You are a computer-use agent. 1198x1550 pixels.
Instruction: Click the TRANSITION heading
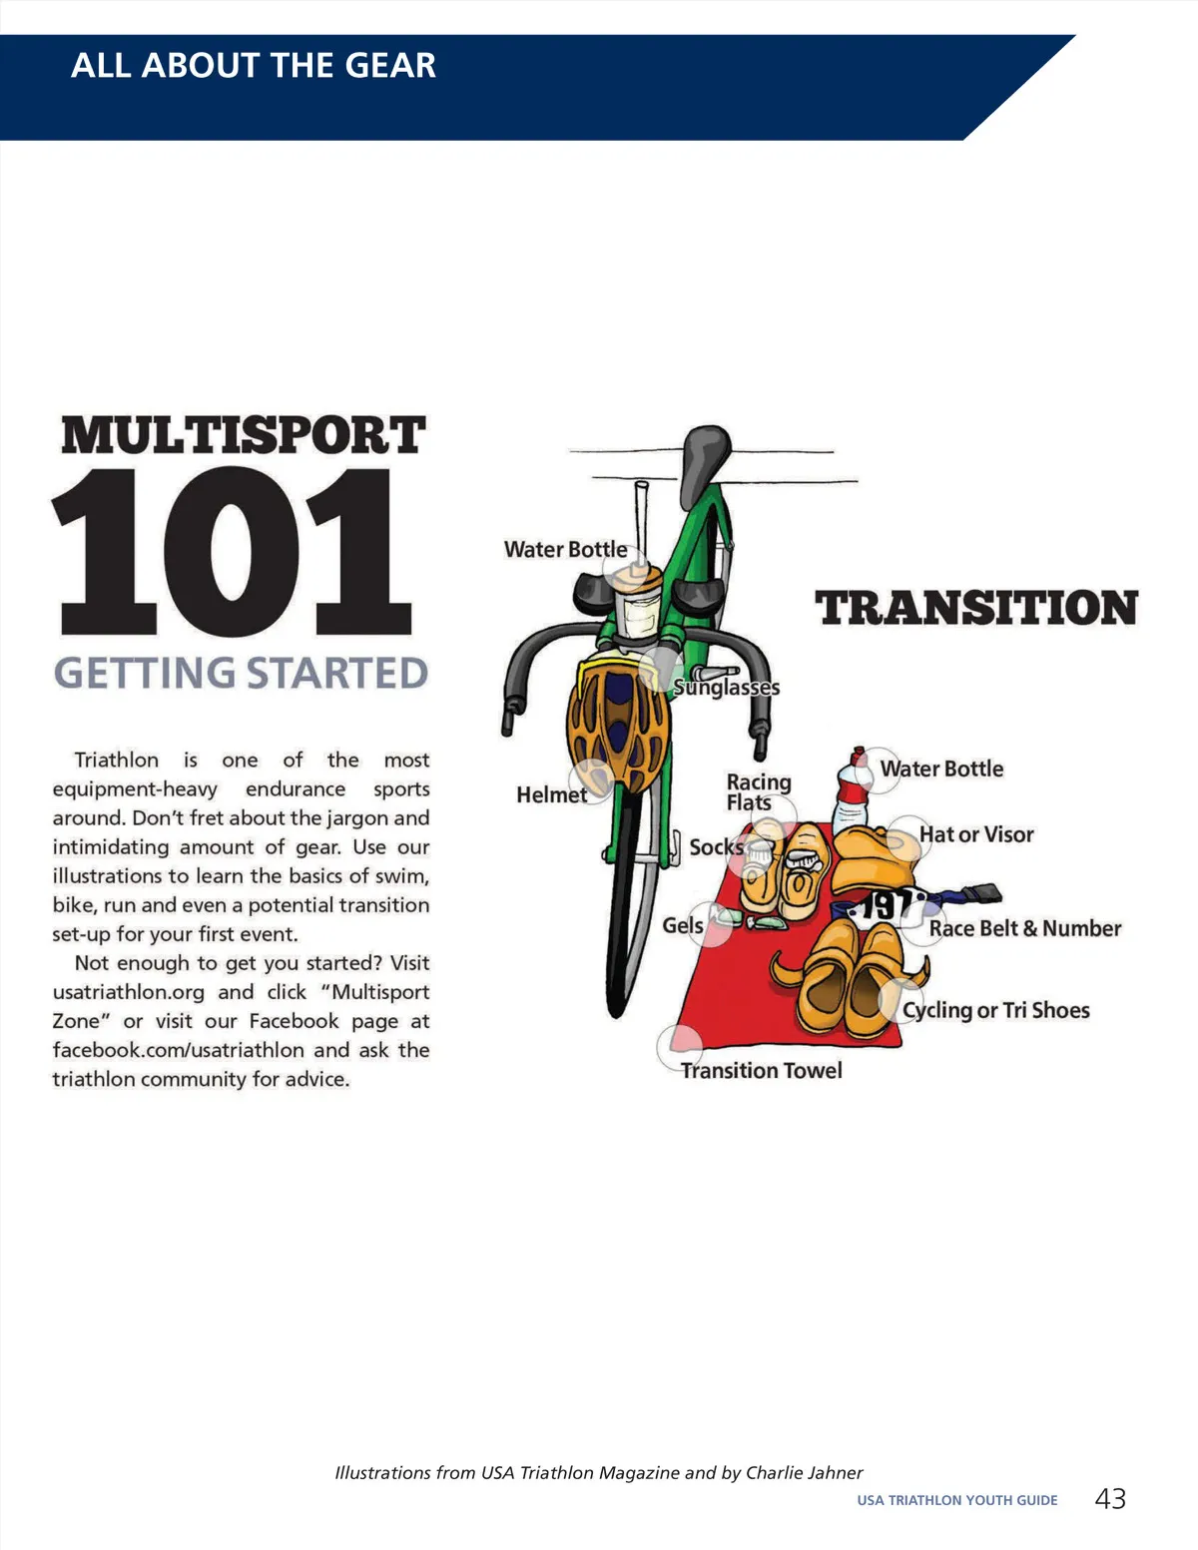tap(976, 608)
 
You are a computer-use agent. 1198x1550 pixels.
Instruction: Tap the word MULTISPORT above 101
tap(244, 436)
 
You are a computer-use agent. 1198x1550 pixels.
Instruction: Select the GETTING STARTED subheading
tap(241, 673)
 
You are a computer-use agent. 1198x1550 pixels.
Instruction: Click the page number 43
tap(1110, 1498)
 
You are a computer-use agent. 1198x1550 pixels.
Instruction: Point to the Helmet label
tap(551, 794)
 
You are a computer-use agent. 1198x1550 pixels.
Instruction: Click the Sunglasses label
tap(726, 688)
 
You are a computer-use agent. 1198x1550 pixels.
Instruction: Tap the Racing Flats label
tap(758, 792)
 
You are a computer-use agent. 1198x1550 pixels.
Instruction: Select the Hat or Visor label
tap(976, 834)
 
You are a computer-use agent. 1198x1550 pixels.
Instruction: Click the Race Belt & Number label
tap(1024, 928)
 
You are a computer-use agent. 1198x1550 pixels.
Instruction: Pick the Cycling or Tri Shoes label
tap(995, 1010)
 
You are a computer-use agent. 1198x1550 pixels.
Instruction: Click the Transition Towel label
tap(761, 1071)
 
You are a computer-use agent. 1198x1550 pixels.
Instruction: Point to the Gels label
tap(682, 925)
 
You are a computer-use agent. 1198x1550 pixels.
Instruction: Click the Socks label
tap(716, 847)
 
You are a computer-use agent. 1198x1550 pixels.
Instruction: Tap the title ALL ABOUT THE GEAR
tap(254, 66)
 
